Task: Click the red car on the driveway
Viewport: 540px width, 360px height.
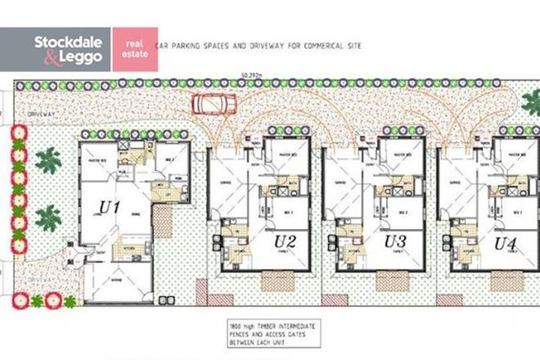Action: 213,104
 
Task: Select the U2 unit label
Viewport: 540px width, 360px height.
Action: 285,241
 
